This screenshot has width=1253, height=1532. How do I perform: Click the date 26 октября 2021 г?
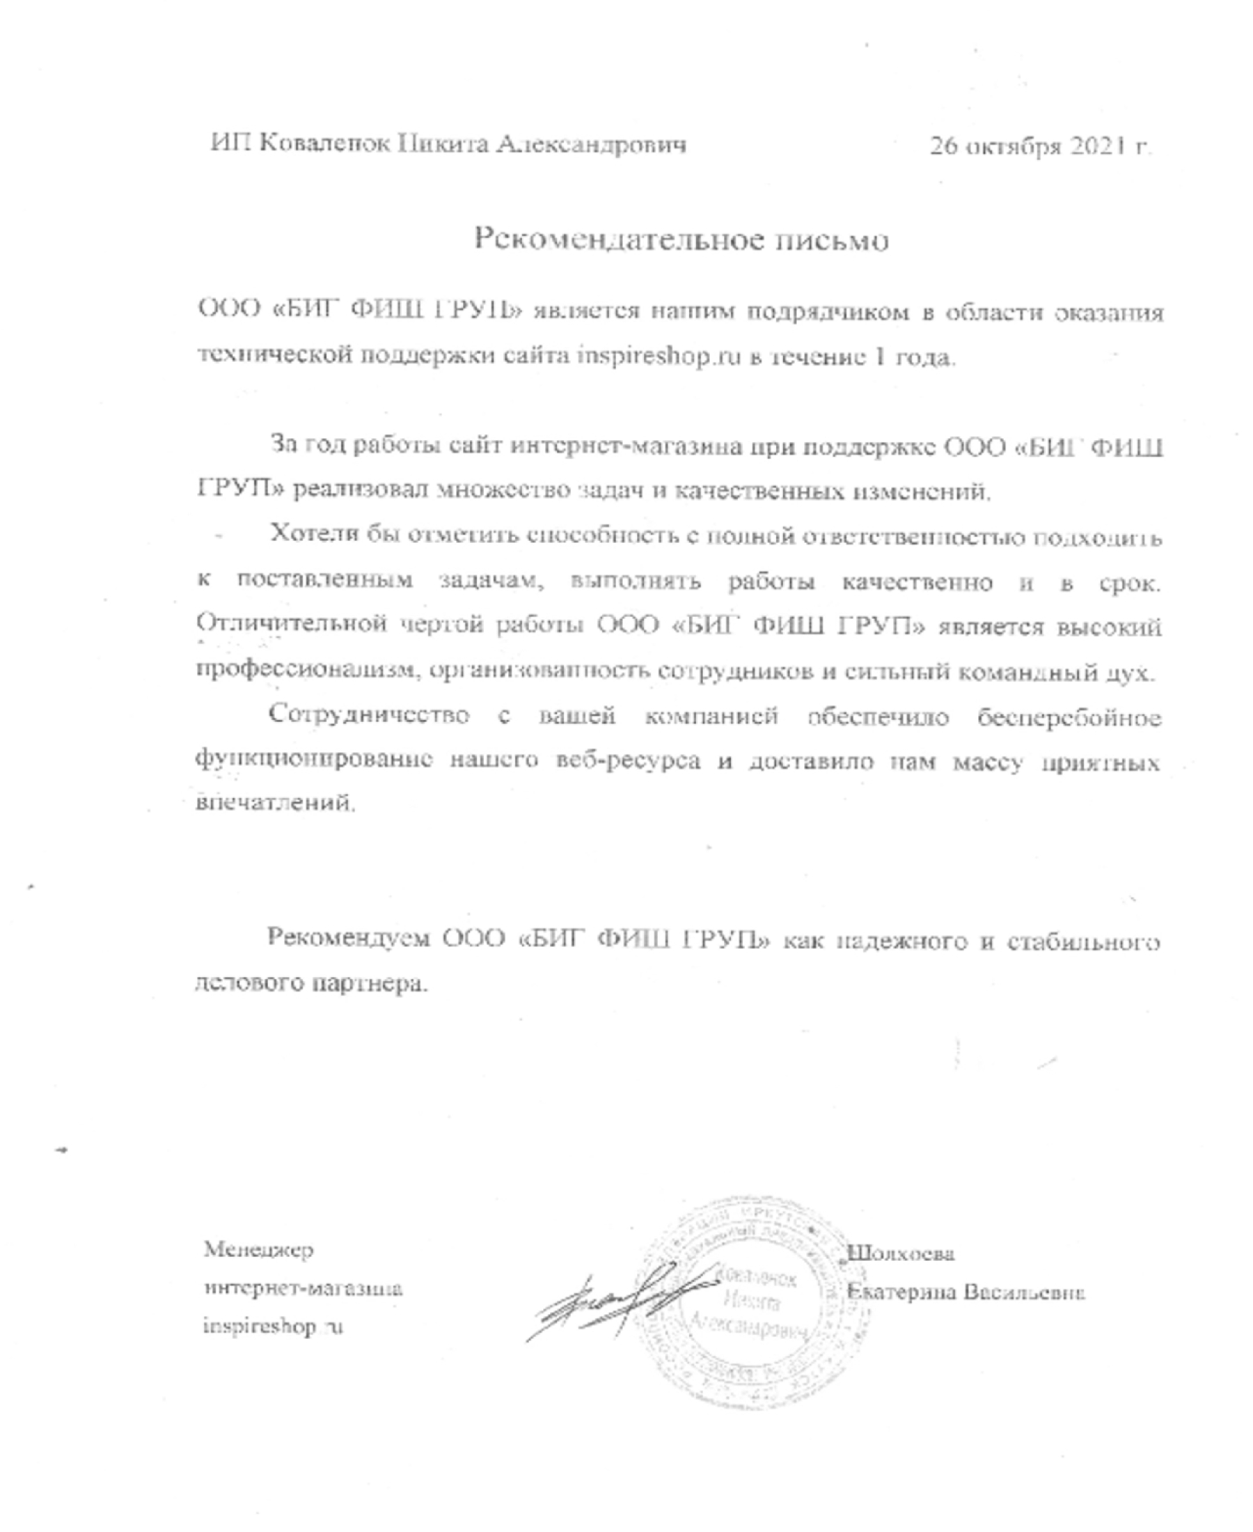(1040, 146)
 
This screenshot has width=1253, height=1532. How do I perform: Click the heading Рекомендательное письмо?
(681, 239)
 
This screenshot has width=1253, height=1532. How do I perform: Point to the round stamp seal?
(755, 1303)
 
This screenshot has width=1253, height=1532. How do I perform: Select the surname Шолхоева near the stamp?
(901, 1253)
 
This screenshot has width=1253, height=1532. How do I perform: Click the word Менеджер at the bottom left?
(258, 1250)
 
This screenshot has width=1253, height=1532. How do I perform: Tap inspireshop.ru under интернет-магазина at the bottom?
(273, 1327)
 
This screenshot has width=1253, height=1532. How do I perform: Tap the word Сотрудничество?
(369, 714)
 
